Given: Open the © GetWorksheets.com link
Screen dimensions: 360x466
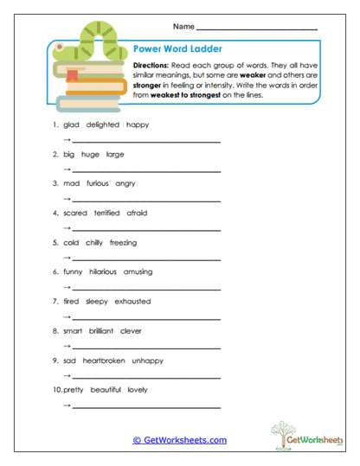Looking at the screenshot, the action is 179,440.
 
